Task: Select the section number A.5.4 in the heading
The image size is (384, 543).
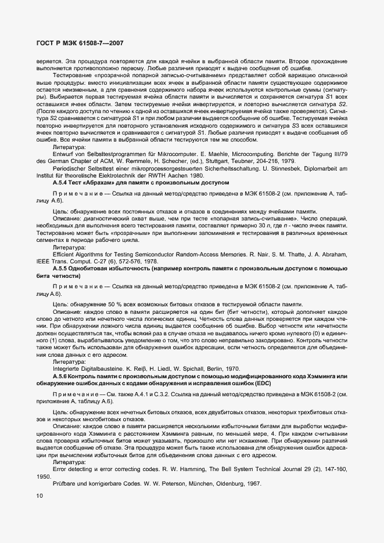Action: tap(62, 183)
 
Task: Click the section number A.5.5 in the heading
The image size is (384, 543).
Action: tap(62, 270)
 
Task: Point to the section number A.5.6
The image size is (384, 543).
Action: tap(62, 377)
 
